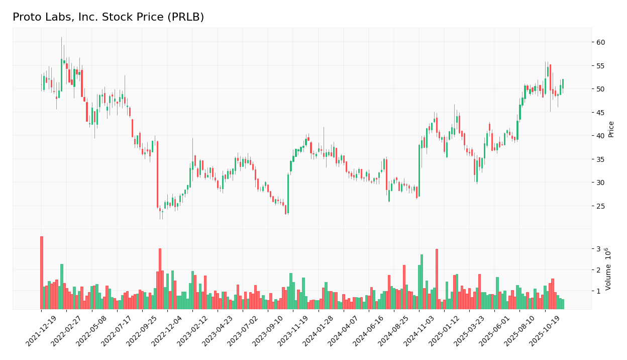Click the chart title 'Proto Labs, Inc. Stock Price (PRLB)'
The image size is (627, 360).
pyautogui.click(x=108, y=17)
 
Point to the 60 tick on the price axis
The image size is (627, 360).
pyautogui.click(x=599, y=42)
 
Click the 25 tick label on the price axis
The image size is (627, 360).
pyautogui.click(x=599, y=206)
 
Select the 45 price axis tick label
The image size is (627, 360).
pyautogui.click(x=599, y=113)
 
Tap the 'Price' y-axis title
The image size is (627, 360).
pyautogui.click(x=611, y=129)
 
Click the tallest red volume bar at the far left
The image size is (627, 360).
pyautogui.click(x=41, y=273)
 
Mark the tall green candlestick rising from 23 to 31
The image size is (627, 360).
pyautogui.click(x=288, y=194)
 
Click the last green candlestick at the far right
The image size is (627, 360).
pyautogui.click(x=563, y=83)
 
